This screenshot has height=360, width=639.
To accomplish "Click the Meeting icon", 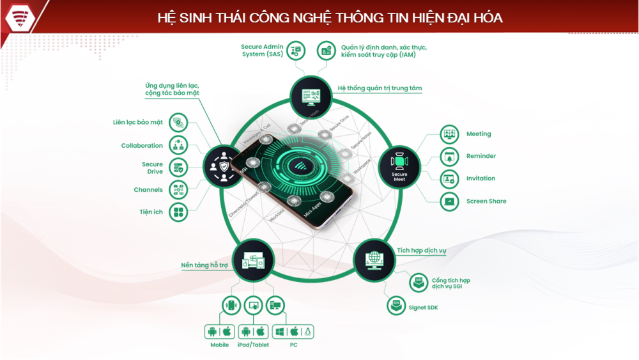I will (450, 134).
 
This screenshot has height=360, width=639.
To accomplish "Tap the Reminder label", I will (481, 156).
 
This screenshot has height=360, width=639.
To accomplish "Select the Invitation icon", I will (450, 179).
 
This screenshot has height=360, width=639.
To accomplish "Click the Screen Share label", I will (486, 201).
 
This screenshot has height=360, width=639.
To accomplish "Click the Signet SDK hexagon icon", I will (396, 306).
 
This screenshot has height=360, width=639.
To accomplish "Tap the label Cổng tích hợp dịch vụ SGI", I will (450, 283).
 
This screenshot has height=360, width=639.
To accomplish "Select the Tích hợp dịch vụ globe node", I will (374, 260).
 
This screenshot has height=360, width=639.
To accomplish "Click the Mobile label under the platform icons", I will (219, 345).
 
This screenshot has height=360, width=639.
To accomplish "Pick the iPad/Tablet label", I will (253, 345).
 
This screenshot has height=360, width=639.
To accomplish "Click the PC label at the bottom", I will (293, 345).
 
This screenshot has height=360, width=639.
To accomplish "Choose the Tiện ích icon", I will (178, 212).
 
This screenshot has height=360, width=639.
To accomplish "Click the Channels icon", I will (178, 189).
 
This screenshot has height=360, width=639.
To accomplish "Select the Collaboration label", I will (142, 146).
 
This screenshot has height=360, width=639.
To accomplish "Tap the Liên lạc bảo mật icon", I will (178, 121).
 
